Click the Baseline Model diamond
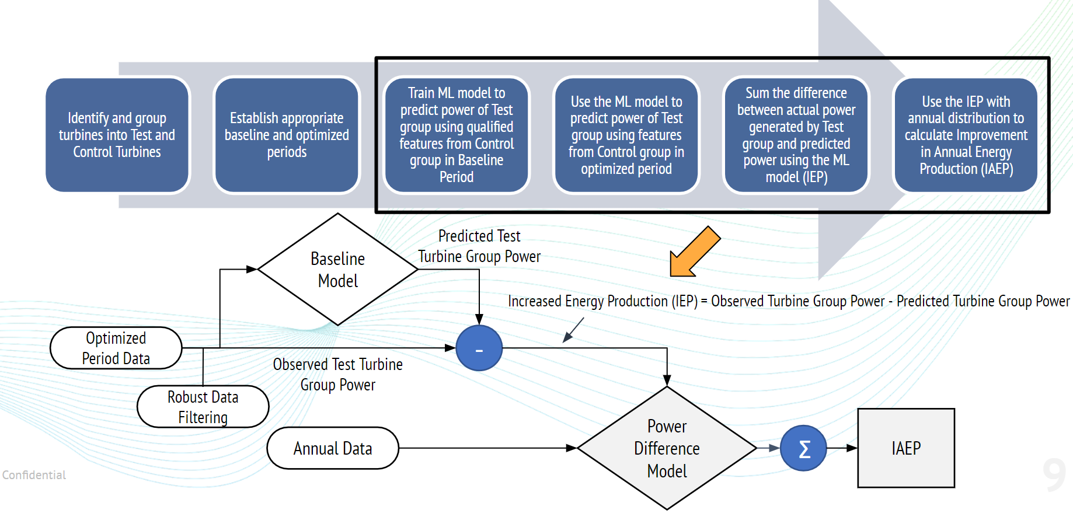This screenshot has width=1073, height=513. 338,269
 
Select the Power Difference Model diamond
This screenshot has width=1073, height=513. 667,448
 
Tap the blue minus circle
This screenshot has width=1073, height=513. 479,348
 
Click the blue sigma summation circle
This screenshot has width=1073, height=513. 803,448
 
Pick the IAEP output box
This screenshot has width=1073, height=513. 906,448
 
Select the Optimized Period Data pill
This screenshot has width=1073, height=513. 116,348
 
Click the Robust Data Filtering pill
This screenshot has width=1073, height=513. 203,407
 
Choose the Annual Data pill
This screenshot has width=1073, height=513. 333,448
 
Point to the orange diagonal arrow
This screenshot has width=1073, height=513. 695,252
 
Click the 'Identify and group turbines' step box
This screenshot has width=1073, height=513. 117,135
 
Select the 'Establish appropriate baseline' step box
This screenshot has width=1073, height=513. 287,135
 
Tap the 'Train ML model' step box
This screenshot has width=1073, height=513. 457,135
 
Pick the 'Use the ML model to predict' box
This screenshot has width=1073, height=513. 626,135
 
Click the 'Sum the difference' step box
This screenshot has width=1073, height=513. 796,135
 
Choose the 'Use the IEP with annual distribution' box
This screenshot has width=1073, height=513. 966,135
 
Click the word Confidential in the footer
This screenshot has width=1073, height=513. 34,475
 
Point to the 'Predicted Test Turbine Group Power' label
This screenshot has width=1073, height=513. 479,246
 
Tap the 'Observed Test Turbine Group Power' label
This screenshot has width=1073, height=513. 338,375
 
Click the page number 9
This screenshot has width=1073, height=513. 1054,475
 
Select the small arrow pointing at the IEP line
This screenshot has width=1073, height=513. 573,330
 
